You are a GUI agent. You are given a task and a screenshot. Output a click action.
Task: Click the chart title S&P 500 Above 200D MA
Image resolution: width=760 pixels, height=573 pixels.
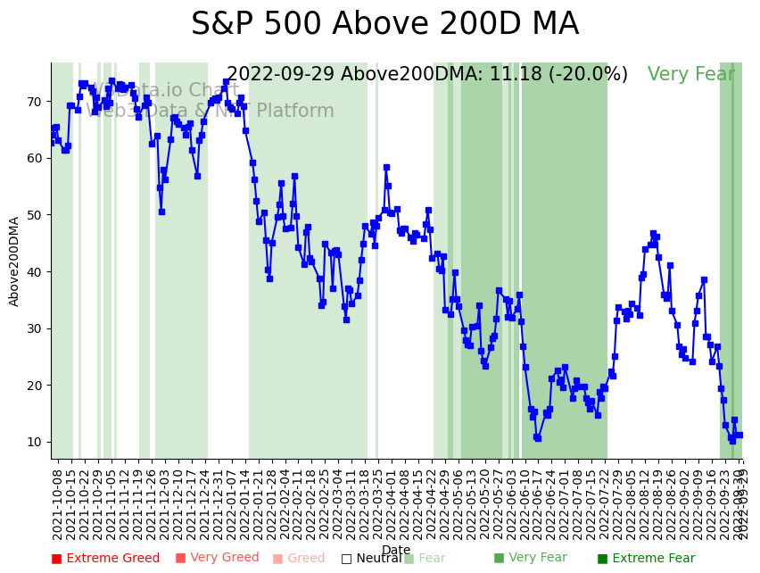(384, 25)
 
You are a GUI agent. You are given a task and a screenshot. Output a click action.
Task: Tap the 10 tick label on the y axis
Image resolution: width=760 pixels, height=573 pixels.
(34, 443)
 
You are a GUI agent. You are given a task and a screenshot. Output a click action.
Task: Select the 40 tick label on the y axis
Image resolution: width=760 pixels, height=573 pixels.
(34, 272)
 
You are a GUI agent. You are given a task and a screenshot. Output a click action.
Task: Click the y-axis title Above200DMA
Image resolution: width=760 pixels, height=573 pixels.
(14, 261)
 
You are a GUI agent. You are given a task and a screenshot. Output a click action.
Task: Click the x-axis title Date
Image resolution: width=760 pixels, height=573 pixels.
(396, 550)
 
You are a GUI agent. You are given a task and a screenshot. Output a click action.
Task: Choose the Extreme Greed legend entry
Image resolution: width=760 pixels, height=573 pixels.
(105, 559)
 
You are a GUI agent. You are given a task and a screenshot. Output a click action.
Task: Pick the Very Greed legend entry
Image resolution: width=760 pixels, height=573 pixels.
(217, 559)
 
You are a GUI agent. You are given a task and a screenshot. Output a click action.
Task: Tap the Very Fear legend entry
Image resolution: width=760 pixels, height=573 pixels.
(530, 559)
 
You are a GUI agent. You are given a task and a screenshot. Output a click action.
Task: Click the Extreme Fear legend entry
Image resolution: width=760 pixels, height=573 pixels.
(646, 559)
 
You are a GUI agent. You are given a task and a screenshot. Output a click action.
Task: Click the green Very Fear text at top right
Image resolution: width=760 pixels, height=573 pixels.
(691, 75)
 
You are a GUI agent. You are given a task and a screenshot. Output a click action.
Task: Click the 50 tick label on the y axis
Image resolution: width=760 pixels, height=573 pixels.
(34, 215)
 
